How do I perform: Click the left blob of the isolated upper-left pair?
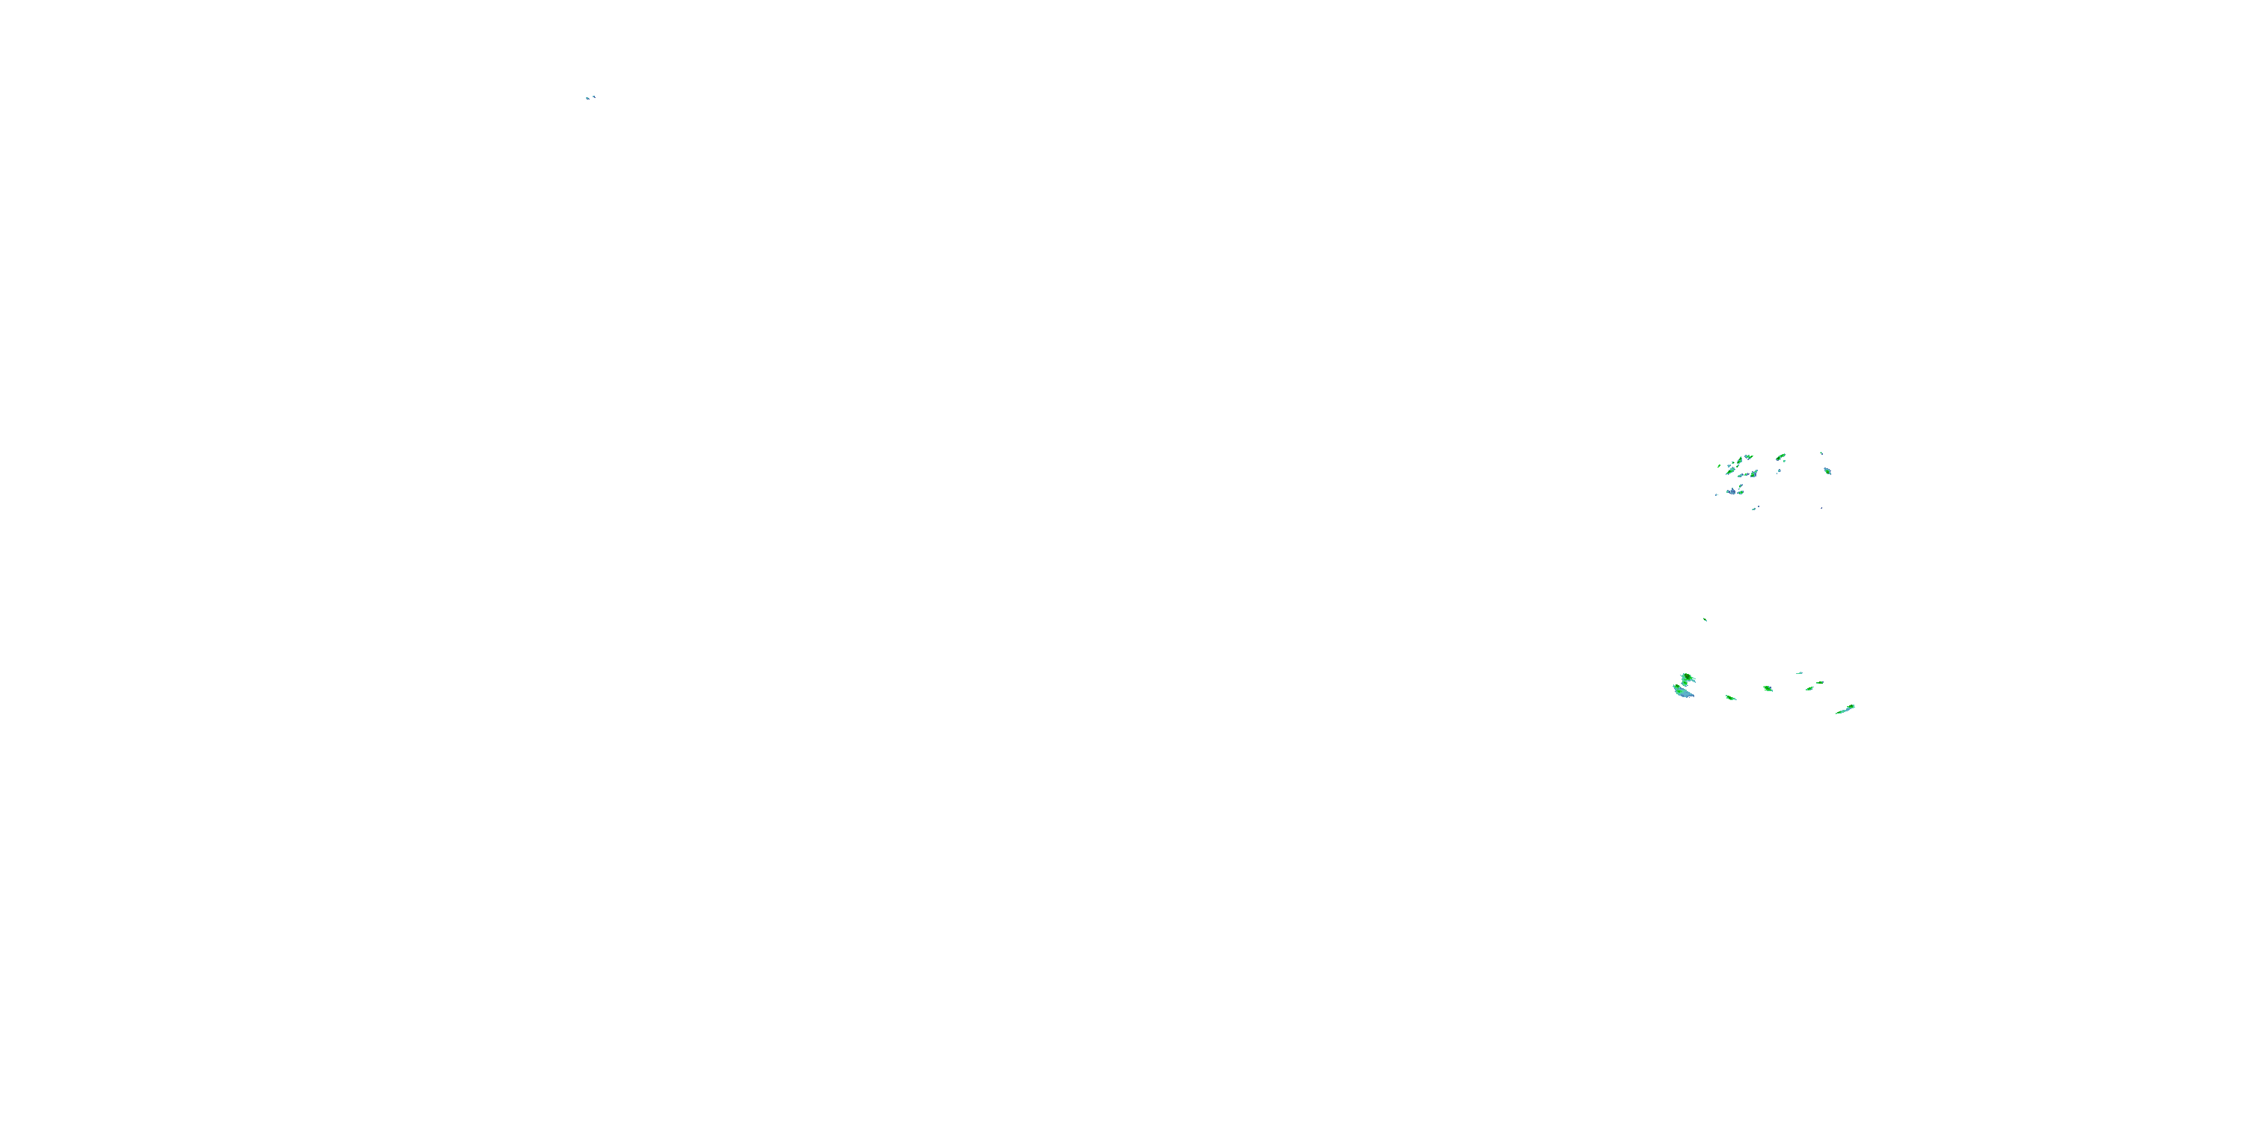[x=587, y=99]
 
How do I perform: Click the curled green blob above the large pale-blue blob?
[x=1687, y=678]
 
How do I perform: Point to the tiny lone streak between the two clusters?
[x=1705, y=620]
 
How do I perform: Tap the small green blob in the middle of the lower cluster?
[x=1768, y=688]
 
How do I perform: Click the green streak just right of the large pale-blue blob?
[x=1731, y=698]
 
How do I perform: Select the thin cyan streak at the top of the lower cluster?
[x=1800, y=673]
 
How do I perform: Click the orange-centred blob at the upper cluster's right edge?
[x=1828, y=472]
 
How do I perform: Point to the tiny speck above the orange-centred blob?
[x=1822, y=453]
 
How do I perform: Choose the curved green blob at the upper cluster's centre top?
[x=1781, y=457]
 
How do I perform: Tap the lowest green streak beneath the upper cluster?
[x=1754, y=509]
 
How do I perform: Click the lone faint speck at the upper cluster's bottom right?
[x=1822, y=508]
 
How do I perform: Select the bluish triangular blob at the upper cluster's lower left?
[x=1733, y=492]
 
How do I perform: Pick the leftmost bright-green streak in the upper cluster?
[x=1720, y=466]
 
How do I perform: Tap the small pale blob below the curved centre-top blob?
[x=1780, y=470]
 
